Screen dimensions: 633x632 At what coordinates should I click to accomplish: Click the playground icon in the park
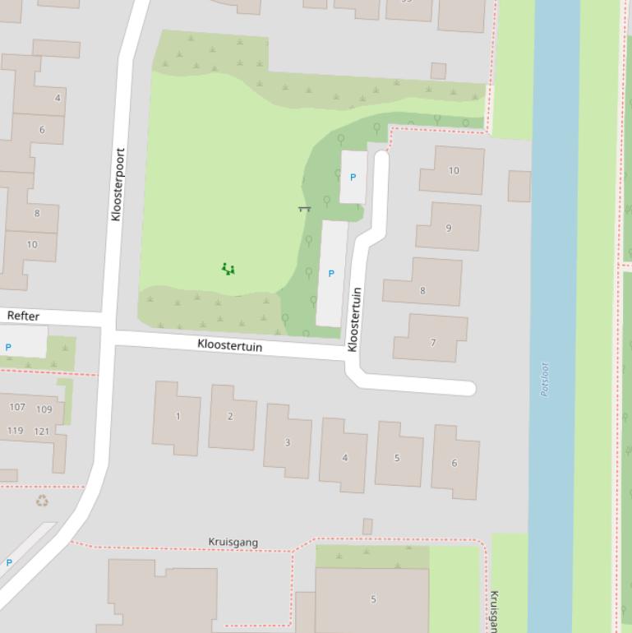click(228, 269)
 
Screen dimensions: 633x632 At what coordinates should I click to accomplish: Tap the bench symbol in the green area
click(304, 209)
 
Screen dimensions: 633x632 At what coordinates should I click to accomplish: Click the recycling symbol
click(42, 501)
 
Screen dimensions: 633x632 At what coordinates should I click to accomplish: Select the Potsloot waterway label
click(545, 380)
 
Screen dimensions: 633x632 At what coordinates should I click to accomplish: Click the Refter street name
click(23, 316)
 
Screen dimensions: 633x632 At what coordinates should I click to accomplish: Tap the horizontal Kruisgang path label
click(233, 542)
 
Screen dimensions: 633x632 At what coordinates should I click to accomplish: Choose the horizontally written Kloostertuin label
click(229, 346)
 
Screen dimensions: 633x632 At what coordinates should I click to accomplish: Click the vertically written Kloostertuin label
click(353, 319)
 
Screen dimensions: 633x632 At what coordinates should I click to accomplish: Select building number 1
click(178, 416)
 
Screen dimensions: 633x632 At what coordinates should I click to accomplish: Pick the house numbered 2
click(230, 416)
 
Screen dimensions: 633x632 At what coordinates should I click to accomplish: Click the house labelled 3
click(287, 442)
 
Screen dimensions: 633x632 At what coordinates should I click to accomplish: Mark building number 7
click(432, 342)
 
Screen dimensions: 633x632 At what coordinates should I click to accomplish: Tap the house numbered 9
click(448, 228)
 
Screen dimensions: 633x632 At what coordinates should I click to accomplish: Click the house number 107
click(17, 407)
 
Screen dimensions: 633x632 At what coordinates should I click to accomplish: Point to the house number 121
click(42, 431)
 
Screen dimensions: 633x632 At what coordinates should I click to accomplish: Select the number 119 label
click(16, 431)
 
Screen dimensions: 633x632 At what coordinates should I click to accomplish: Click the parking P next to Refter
click(8, 348)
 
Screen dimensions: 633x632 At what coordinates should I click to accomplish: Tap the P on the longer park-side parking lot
click(331, 274)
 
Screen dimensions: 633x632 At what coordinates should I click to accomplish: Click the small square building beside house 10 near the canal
click(519, 186)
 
